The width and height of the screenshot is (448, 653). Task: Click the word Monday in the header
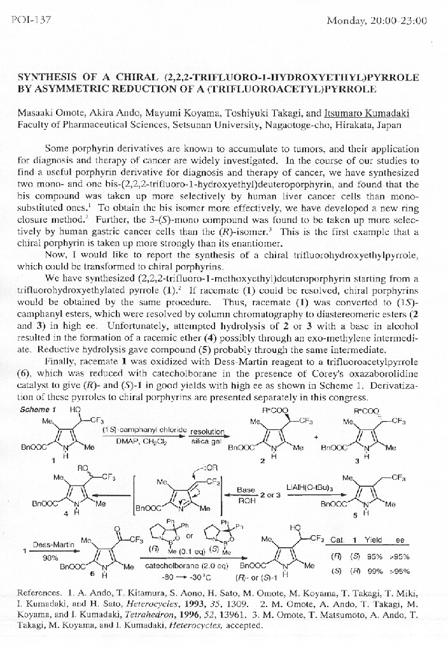[x=345, y=21]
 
